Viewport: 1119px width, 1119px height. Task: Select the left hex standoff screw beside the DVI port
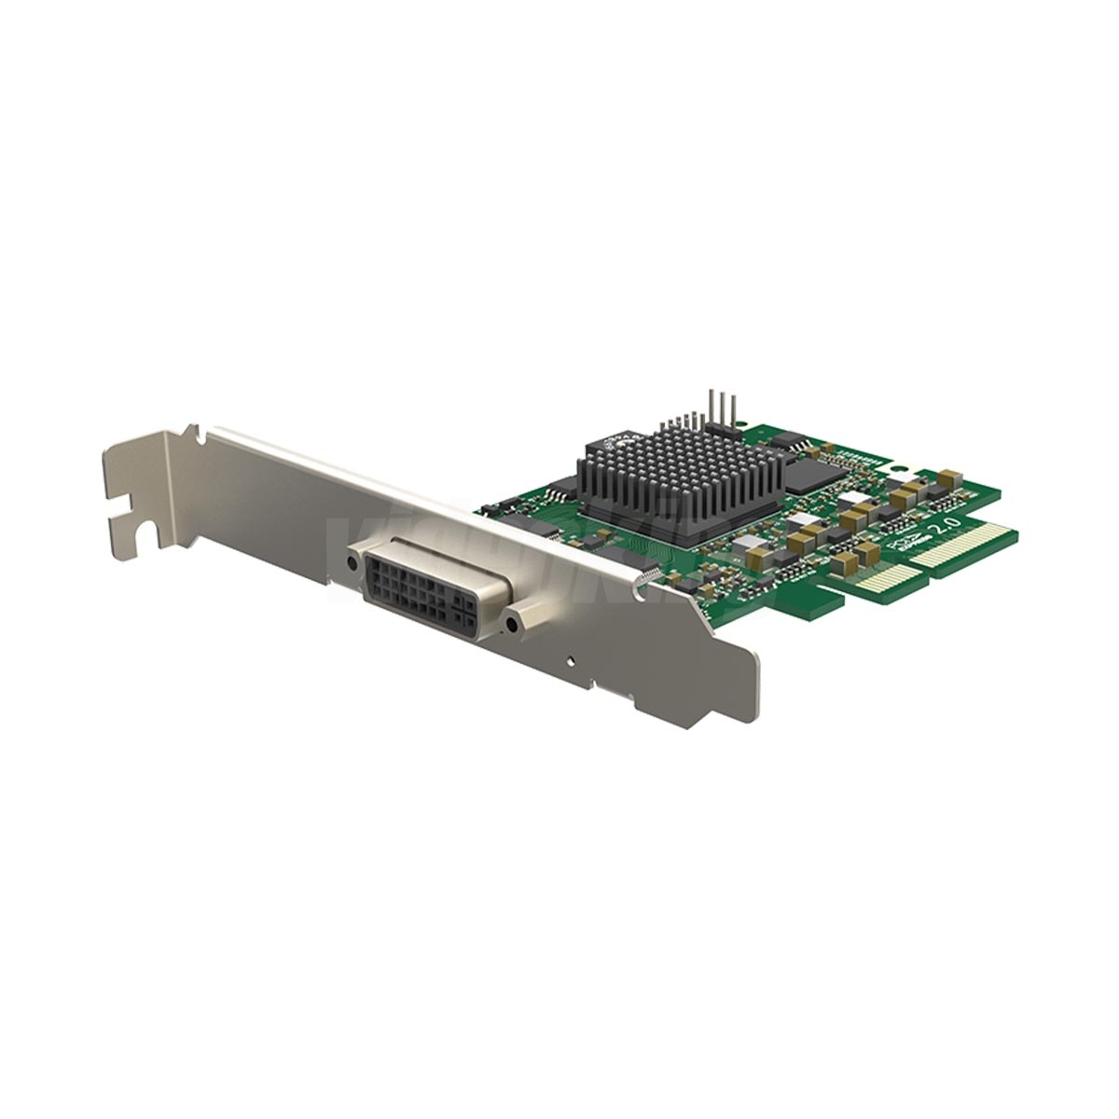(352, 562)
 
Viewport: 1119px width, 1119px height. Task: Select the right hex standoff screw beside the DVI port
(512, 624)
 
